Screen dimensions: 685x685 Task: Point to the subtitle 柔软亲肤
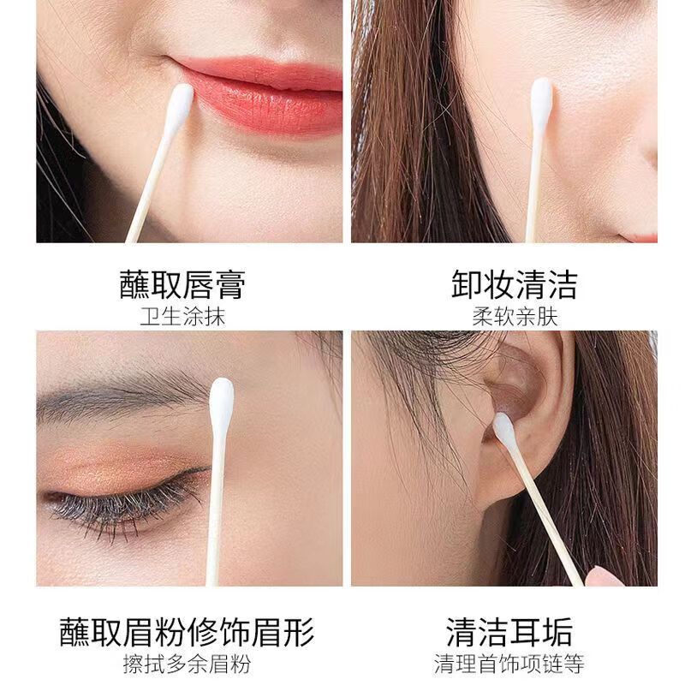pos(515,317)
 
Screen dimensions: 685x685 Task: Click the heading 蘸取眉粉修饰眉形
pos(188,633)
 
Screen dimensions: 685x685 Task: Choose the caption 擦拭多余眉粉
pos(188,665)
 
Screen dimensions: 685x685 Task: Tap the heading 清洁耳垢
pos(509,633)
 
